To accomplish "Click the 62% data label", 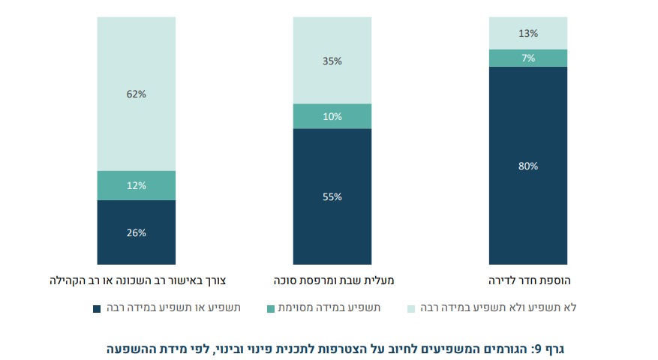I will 137,94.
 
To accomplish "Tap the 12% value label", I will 137,185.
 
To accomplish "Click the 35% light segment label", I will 332,61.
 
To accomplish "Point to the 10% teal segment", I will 332,116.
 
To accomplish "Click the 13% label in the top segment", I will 528,33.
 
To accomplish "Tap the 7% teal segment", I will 528,58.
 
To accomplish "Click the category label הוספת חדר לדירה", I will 528,281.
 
